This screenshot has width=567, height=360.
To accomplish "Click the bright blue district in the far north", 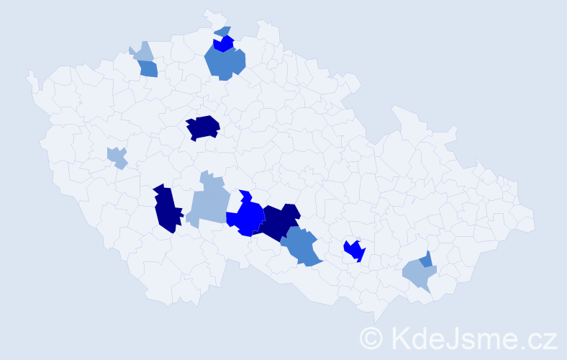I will pyautogui.click(x=224, y=44).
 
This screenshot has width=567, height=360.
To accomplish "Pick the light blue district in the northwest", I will pyautogui.click(x=143, y=52).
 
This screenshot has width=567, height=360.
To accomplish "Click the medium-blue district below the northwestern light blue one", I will pyautogui.click(x=148, y=69).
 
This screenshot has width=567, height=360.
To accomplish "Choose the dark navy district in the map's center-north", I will pyautogui.click(x=203, y=127).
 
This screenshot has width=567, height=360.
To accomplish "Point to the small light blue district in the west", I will pyautogui.click(x=117, y=156).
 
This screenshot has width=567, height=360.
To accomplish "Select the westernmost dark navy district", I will pyautogui.click(x=165, y=209).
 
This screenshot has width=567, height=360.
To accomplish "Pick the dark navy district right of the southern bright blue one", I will pyautogui.click(x=278, y=220).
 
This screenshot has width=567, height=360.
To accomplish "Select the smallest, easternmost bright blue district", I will pyautogui.click(x=354, y=251).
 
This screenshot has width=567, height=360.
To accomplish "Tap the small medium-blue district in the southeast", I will pyautogui.click(x=427, y=259).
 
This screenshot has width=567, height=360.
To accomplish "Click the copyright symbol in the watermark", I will pyautogui.click(x=372, y=337).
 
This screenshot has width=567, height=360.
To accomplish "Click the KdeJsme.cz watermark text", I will pyautogui.click(x=472, y=337).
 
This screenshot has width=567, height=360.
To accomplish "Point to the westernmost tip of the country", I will pyautogui.click(x=27, y=73).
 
